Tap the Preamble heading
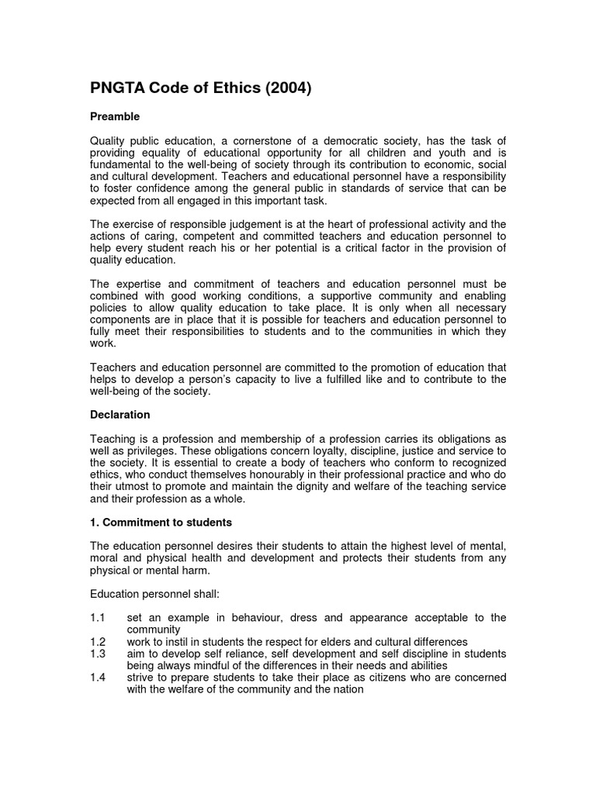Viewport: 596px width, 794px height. coord(115,116)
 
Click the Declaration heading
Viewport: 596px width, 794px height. coord(120,415)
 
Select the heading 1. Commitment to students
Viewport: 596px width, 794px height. coord(161,522)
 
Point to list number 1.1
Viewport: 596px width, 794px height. coord(98,617)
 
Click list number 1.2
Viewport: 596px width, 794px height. coord(98,642)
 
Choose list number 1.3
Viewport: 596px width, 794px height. coord(98,654)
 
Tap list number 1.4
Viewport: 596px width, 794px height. coord(98,678)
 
